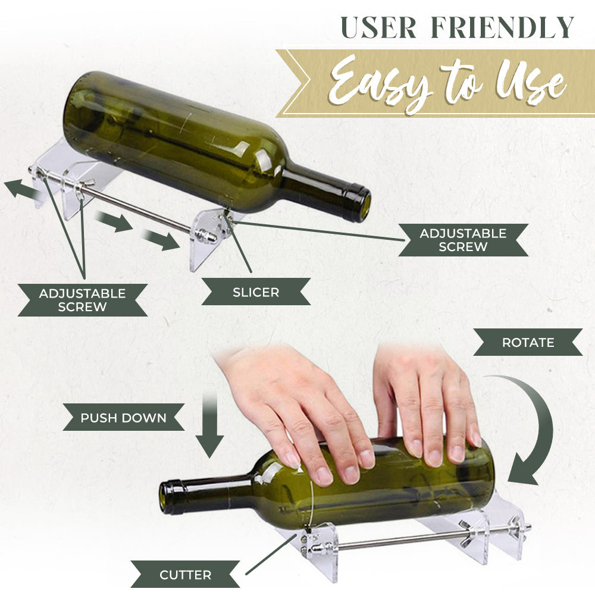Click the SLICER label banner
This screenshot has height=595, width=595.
point(256,292)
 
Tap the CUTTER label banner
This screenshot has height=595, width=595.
point(186,575)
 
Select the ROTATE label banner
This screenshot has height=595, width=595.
point(528,343)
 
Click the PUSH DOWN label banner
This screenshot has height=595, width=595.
point(124,418)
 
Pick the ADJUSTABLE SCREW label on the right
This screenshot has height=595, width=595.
point(463,240)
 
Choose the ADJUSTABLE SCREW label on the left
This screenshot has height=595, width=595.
point(82,300)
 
